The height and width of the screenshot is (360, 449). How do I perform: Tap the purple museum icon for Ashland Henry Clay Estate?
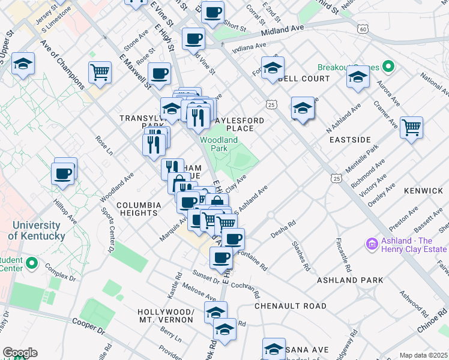coord(370,244)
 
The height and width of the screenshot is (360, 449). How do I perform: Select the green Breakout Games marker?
coord(388,66)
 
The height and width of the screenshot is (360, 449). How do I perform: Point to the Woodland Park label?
coord(218,144)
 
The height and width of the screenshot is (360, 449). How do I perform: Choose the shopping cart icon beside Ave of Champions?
coord(100,72)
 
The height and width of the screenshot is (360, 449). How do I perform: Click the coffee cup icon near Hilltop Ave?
coord(63,174)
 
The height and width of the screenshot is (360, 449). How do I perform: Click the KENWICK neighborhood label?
coord(423,191)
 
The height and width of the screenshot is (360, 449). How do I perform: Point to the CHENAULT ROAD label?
coord(291,306)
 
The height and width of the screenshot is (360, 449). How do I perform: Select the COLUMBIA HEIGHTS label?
coord(139,209)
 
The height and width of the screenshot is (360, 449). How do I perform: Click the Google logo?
coord(20,353)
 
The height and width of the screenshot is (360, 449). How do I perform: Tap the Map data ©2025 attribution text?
coord(423,355)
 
